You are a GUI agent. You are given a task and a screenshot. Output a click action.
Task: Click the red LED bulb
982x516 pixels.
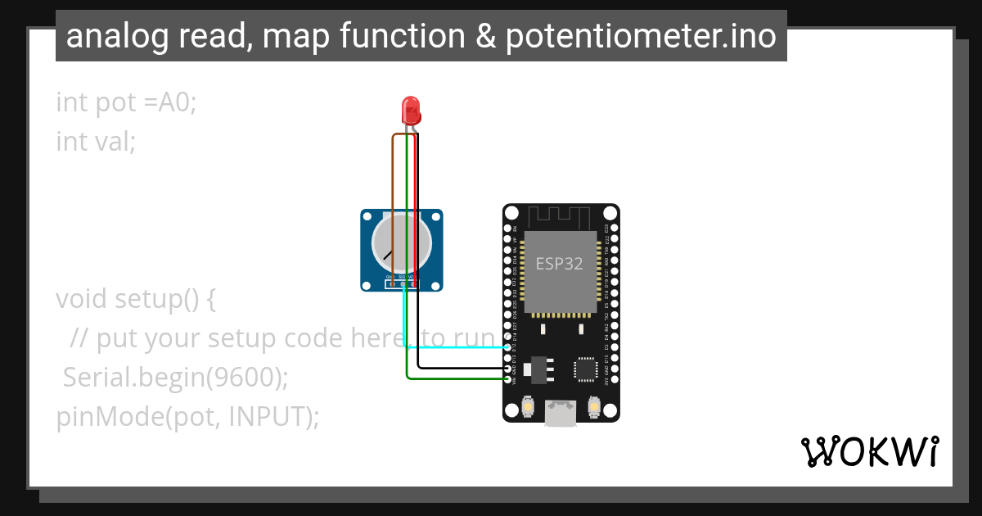pyautogui.click(x=410, y=110)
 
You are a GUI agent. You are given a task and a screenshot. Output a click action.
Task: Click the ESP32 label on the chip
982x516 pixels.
pyautogui.click(x=560, y=264)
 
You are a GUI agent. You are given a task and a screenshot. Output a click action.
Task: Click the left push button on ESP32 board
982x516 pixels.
pyautogui.click(x=528, y=407)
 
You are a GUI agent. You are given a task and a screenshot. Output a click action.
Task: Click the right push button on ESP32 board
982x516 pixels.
pyautogui.click(x=594, y=407)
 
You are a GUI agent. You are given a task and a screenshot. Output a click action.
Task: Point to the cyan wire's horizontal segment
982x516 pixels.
pyautogui.click(x=458, y=347)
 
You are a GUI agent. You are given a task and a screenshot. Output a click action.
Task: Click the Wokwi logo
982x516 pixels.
pyautogui.click(x=869, y=451)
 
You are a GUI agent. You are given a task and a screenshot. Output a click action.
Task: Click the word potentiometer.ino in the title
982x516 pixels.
pyautogui.click(x=641, y=36)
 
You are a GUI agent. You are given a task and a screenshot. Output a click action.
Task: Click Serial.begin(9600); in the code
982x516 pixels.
pyautogui.click(x=176, y=378)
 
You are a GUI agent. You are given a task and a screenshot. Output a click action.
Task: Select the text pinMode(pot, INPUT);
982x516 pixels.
pyautogui.click(x=187, y=417)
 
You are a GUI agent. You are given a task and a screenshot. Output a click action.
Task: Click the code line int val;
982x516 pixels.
pyautogui.click(x=95, y=142)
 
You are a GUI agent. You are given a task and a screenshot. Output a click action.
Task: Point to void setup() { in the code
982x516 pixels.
pyautogui.click(x=136, y=299)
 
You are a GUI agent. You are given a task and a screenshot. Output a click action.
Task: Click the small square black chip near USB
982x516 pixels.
pyautogui.click(x=586, y=369)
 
